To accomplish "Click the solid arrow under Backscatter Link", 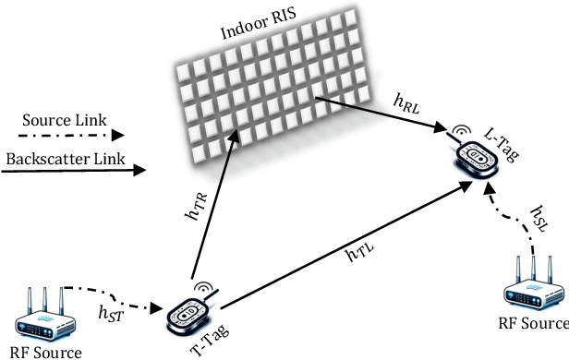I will coord(74,172).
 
